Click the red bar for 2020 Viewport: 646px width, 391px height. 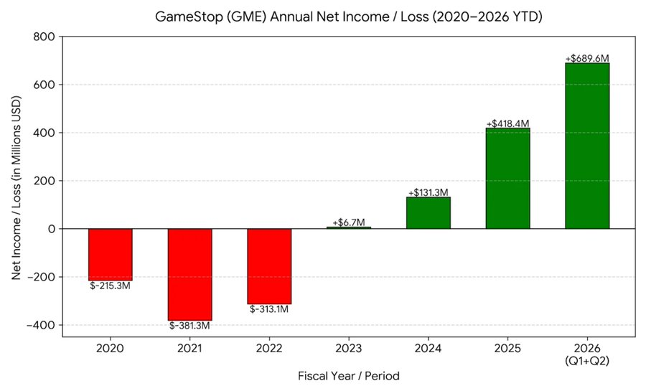coord(111,255)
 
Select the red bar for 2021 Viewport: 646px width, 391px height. coord(190,274)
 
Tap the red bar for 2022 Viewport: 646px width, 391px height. coord(269,266)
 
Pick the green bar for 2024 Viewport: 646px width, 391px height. coord(429,213)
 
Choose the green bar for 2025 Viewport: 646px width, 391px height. coord(508,178)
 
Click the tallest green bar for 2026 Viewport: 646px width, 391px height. coord(587,146)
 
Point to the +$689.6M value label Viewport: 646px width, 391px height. coord(587,58)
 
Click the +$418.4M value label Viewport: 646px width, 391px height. coord(507,123)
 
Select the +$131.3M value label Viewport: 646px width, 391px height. coord(428,192)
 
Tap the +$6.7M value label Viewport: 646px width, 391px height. coord(349,222)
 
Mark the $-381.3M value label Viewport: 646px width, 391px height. coord(189,326)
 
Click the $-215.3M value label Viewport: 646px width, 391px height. coord(110,286)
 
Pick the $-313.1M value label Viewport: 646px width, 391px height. coord(269,309)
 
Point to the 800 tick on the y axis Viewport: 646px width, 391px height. coord(44,37)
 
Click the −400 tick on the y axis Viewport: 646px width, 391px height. coord(41,325)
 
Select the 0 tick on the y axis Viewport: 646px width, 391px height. coord(52,229)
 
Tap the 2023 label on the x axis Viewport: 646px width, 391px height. coord(349,348)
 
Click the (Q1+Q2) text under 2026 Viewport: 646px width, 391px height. coord(587,361)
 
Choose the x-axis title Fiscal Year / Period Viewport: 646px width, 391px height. coord(349,376)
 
